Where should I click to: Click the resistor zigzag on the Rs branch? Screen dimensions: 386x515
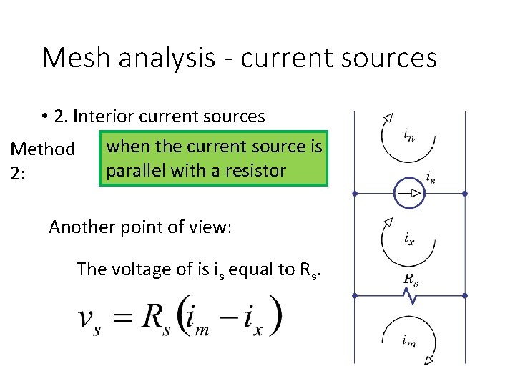point(409,296)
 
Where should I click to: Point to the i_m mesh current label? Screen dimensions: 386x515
point(408,342)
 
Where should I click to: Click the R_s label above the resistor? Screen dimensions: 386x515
point(411,280)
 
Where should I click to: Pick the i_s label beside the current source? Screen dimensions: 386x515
point(430,177)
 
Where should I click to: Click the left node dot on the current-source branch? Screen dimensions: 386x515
point(354,193)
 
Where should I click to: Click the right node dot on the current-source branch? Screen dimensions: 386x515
point(464,193)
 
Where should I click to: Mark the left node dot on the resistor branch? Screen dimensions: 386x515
point(354,295)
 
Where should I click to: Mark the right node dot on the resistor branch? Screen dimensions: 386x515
point(464,295)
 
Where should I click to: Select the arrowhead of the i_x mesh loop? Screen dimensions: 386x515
point(387,222)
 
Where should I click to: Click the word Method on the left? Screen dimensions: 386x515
point(42,149)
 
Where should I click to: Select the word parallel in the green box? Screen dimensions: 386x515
point(134,172)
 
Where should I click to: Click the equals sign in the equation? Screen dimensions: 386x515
point(124,317)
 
